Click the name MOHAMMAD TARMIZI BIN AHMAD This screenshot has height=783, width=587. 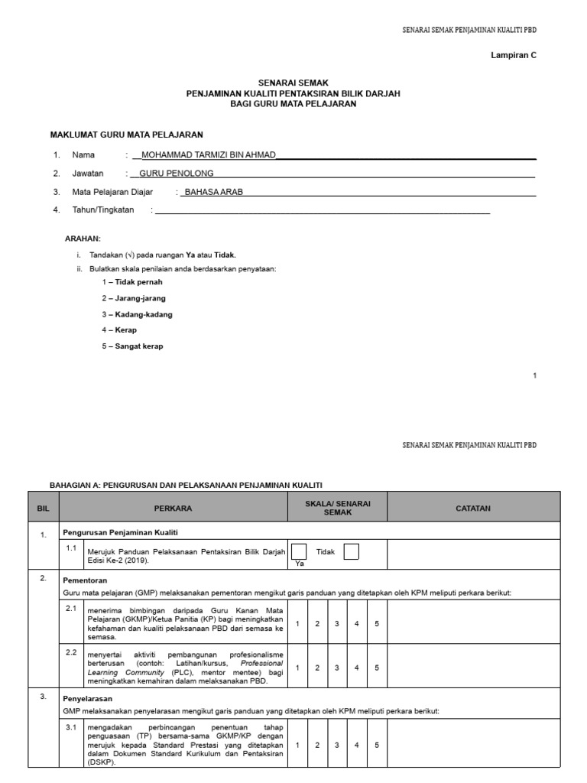204,154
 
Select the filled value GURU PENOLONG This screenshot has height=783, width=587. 177,174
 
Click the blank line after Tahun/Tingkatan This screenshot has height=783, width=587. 321,210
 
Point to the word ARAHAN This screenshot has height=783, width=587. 83,239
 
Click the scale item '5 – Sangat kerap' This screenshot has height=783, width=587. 132,346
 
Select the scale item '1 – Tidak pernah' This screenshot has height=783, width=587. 131,281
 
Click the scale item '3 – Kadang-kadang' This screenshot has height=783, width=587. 137,314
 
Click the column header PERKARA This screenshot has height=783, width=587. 173,508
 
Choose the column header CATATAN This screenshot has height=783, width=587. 473,508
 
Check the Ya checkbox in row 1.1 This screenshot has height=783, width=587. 300,551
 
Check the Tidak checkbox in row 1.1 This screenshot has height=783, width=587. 352,551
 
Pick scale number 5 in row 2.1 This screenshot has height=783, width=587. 376,624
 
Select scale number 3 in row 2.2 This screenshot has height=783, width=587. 336,668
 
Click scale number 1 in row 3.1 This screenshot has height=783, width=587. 297,743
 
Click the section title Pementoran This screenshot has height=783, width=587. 84,580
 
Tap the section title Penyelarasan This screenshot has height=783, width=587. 86,699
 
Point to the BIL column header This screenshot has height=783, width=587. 42,508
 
